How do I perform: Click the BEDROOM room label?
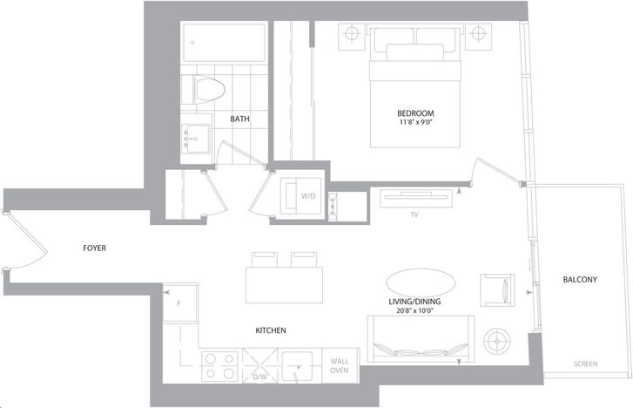coord(415,113)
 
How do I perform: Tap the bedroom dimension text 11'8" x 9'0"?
coord(415,121)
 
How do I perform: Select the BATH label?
coord(239,119)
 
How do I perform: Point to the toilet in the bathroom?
coord(203,90)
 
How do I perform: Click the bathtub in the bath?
coord(225,43)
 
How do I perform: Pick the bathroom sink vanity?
coord(196,139)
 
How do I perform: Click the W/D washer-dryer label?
coord(308,196)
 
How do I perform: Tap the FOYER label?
coord(94,248)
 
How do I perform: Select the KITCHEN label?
coord(271,330)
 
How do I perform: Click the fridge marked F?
coord(179,303)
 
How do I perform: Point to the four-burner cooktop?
coord(220,366)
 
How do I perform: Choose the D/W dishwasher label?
coord(260,377)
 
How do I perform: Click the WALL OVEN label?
coord(340,366)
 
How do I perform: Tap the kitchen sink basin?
coord(297,366)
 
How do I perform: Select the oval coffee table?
coord(421,282)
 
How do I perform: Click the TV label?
coord(414,214)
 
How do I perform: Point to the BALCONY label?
coord(580,279)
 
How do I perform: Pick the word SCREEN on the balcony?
coord(586,364)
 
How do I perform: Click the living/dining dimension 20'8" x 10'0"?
coord(414,311)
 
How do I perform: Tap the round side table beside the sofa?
coord(497,341)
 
